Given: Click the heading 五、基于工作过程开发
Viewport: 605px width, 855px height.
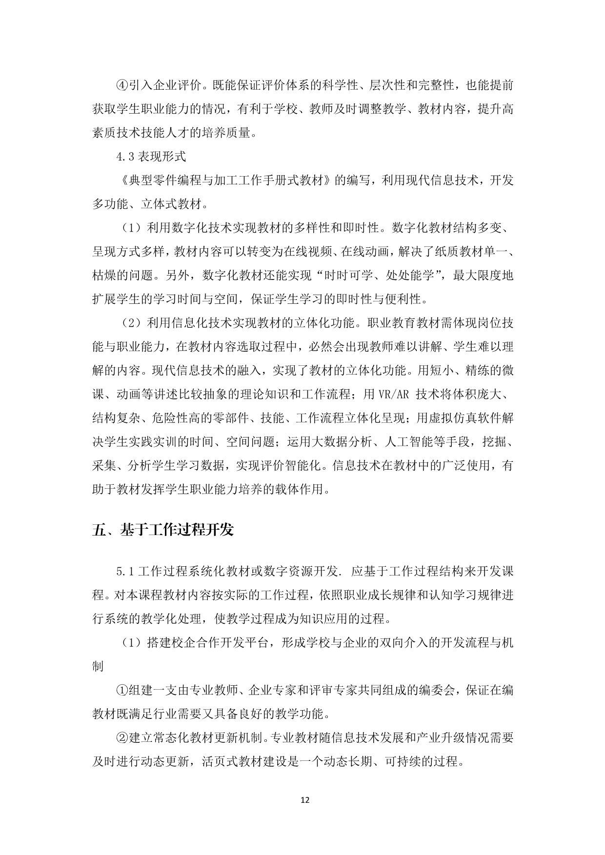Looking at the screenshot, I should [163, 530].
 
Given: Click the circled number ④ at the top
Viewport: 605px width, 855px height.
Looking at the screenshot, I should [121, 85].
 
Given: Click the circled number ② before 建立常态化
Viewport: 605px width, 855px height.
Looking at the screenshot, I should [121, 737].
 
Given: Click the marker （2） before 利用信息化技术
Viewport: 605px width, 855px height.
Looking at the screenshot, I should [131, 323].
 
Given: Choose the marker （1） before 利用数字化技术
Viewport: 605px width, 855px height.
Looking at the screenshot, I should [131, 228].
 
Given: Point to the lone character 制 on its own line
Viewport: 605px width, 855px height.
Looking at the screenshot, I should [98, 666].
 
